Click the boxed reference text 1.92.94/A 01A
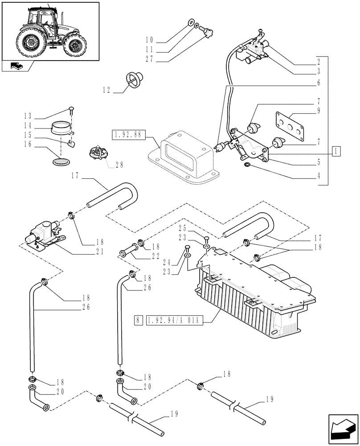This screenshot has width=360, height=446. coord(176,320)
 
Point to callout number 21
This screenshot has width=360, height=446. coord(100,251)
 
